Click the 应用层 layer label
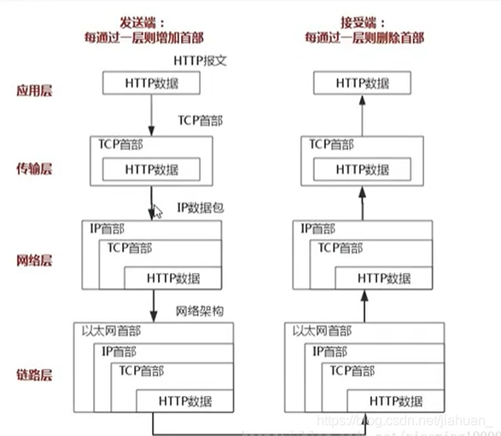35,90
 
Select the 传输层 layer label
35,168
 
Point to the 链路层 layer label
35,375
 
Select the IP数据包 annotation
201,207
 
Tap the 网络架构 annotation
200,311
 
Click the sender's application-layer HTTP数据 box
151,83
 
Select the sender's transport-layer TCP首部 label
121,145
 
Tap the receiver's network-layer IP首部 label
320,228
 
